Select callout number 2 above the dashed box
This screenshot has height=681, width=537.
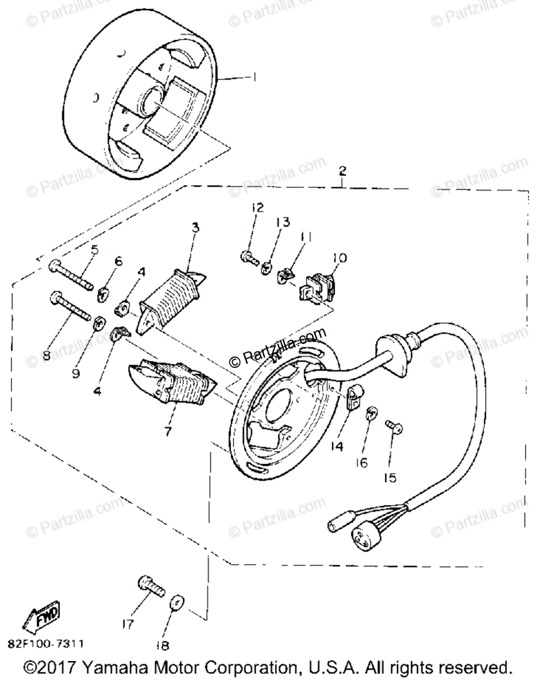[x=343, y=170]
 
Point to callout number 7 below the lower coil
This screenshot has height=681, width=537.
[x=168, y=431]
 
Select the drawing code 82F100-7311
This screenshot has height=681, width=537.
[x=45, y=644]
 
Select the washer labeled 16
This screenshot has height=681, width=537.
[x=370, y=414]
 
